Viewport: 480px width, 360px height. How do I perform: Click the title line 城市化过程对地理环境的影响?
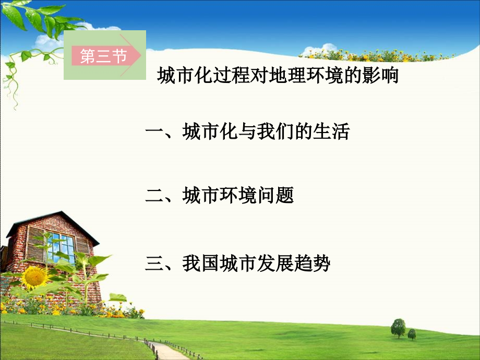pyautogui.click(x=278, y=77)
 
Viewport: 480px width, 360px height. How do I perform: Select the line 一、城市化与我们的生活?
pyautogui.click(x=247, y=132)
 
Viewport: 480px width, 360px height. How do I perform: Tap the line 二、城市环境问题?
pyautogui.click(x=219, y=196)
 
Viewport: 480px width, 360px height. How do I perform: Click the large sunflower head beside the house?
pyautogui.click(x=35, y=277)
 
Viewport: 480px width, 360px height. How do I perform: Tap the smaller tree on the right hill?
pyautogui.click(x=412, y=334)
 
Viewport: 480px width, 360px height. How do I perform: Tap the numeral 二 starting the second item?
pyautogui.click(x=153, y=196)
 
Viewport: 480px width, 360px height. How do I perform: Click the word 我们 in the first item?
pyautogui.click(x=274, y=132)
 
